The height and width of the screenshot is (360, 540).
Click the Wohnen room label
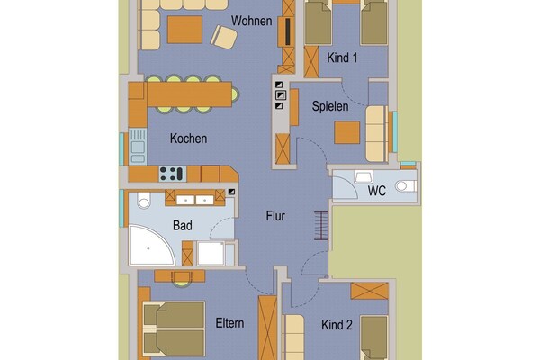point(251,21)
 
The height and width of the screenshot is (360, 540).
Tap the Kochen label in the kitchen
point(188,139)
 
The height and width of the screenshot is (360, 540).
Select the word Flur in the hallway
point(275,216)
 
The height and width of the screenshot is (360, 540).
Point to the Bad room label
point(183,226)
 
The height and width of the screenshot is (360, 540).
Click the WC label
point(377,191)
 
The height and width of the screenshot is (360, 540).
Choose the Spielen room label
point(330,106)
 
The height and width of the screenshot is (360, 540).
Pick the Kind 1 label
point(342,58)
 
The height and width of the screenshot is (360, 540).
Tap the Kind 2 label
point(337,325)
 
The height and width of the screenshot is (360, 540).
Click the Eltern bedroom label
point(229,323)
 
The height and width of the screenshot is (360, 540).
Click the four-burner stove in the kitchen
point(172,174)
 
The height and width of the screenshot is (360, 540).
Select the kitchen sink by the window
point(138,147)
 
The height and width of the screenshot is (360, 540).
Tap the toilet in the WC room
point(405,186)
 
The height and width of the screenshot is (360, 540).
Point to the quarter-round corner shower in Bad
point(151,245)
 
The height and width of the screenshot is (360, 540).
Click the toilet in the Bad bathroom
point(144,201)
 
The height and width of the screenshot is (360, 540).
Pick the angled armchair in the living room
point(224,37)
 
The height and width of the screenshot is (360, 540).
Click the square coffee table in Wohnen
point(184,30)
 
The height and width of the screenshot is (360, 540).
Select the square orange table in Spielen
point(347,132)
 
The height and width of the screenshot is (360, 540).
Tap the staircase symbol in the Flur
point(320,226)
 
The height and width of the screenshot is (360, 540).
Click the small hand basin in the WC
point(364,177)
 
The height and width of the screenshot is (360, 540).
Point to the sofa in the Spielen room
point(375,134)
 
